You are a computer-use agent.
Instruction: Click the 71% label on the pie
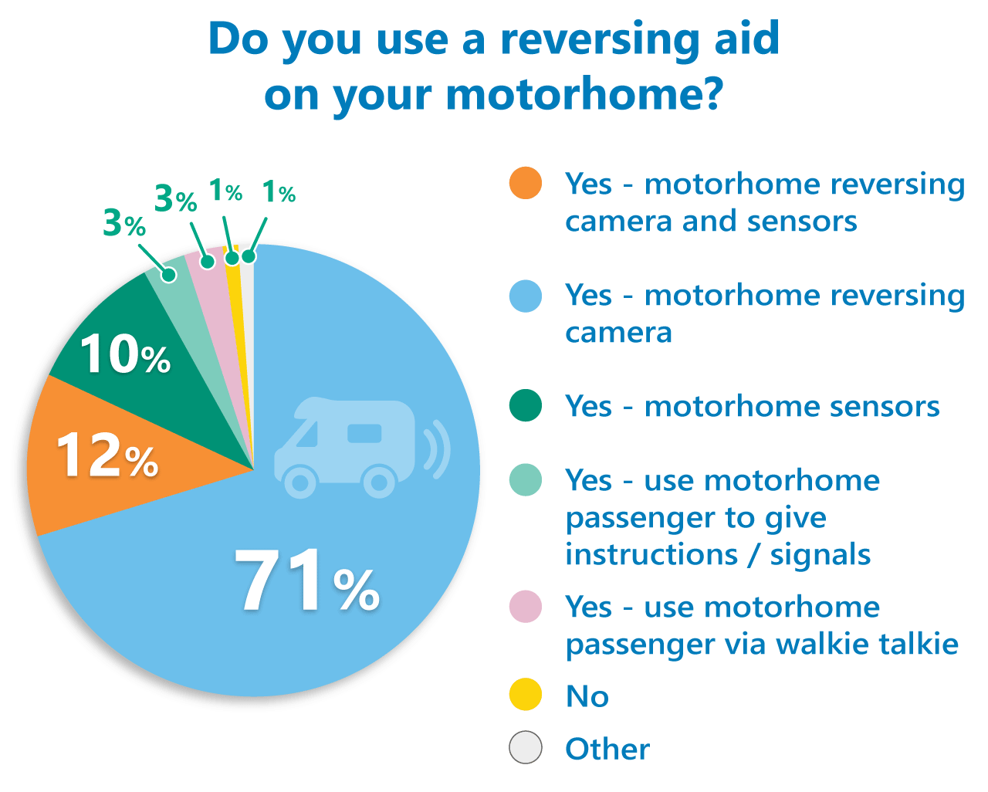(306, 580)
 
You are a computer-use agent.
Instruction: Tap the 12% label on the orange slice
(107, 455)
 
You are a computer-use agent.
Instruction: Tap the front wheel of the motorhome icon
(299, 482)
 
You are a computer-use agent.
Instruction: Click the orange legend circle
(526, 184)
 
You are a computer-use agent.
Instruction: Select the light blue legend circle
(526, 296)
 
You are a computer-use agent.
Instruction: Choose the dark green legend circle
(526, 406)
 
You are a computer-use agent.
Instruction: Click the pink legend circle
(526, 607)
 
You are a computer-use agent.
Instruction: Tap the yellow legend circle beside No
(526, 695)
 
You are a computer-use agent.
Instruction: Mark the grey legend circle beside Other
(526, 747)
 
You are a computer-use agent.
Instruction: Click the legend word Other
(607, 749)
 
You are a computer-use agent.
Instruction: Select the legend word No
(587, 696)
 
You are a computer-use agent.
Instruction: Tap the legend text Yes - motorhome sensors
(753, 406)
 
